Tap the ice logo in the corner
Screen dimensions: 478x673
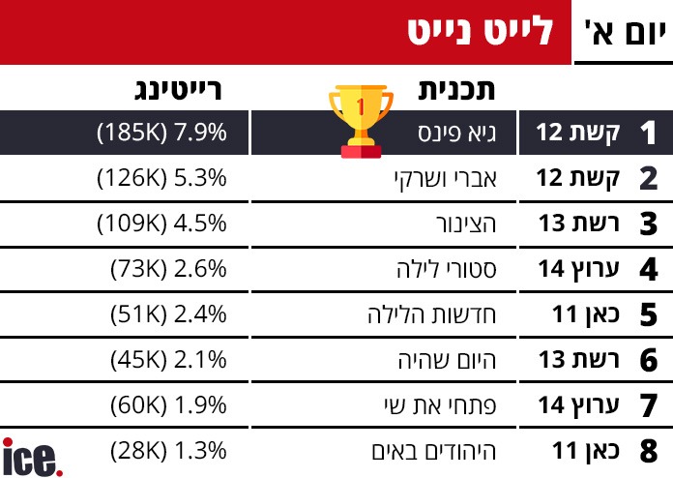coord(32,457)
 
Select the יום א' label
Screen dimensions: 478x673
coord(624,31)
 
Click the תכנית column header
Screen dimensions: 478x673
coord(457,91)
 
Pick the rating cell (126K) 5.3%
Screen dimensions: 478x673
coord(161,178)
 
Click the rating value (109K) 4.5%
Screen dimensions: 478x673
coord(161,224)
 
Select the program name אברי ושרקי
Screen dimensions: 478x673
coord(434,178)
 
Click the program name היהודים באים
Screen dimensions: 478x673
coord(425,450)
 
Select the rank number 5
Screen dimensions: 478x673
coord(647,314)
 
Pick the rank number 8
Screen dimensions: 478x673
coord(647,451)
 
